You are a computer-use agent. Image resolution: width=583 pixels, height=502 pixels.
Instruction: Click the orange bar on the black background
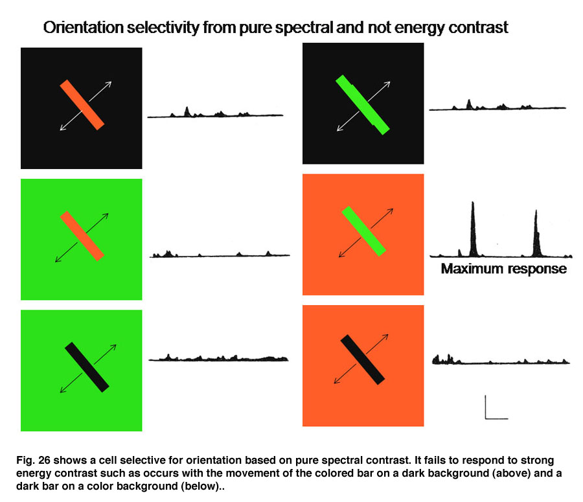pyautogui.click(x=82, y=105)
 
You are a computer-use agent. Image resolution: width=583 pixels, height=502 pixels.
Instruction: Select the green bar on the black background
pyautogui.click(x=363, y=105)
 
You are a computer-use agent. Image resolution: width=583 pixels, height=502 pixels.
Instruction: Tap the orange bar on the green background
pyautogui.click(x=82, y=236)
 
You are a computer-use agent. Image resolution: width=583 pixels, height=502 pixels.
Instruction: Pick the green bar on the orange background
pyautogui.click(x=363, y=231)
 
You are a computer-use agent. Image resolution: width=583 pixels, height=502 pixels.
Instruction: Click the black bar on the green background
pyautogui.click(x=87, y=367)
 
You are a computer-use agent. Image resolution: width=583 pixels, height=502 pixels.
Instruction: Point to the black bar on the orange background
pyautogui.click(x=363, y=359)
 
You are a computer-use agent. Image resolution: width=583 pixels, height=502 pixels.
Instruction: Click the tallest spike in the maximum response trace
pyautogui.click(x=473, y=229)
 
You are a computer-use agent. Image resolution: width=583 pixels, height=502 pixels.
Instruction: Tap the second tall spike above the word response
pyautogui.click(x=536, y=234)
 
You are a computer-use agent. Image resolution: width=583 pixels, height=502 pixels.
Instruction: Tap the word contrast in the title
pyautogui.click(x=478, y=28)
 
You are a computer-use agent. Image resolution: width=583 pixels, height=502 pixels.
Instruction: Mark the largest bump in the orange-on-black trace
pyautogui.click(x=187, y=111)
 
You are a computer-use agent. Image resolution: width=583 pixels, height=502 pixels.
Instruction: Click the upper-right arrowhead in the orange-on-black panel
pyautogui.click(x=108, y=84)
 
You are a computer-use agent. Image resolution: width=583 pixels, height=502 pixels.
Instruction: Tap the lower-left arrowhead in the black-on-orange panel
pyautogui.click(x=337, y=380)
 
